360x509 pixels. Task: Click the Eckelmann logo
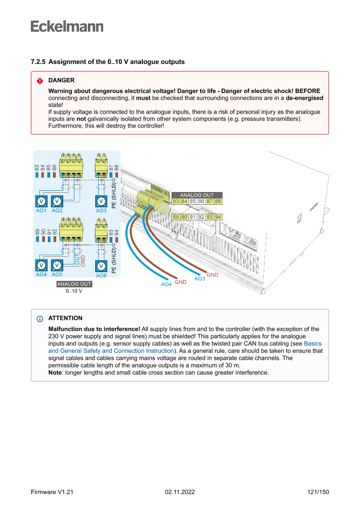click(x=67, y=26)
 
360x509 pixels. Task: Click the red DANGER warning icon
click(x=40, y=81)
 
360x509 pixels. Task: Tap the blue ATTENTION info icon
click(x=40, y=318)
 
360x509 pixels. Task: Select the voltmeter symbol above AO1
click(x=41, y=201)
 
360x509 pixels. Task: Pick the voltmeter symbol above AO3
click(x=101, y=201)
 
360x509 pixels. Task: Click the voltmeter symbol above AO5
click(x=57, y=265)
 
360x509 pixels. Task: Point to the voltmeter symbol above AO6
click(x=101, y=266)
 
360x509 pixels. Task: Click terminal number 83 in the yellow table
click(x=176, y=202)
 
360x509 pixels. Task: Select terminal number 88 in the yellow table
click(x=218, y=202)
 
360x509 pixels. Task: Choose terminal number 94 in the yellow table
click(x=218, y=217)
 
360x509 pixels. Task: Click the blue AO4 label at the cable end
click(x=166, y=284)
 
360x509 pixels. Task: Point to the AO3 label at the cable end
click(x=199, y=279)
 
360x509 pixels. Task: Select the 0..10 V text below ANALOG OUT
click(x=74, y=291)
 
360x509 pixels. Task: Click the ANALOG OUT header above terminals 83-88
click(x=197, y=195)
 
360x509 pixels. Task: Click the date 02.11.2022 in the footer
click(x=180, y=492)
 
